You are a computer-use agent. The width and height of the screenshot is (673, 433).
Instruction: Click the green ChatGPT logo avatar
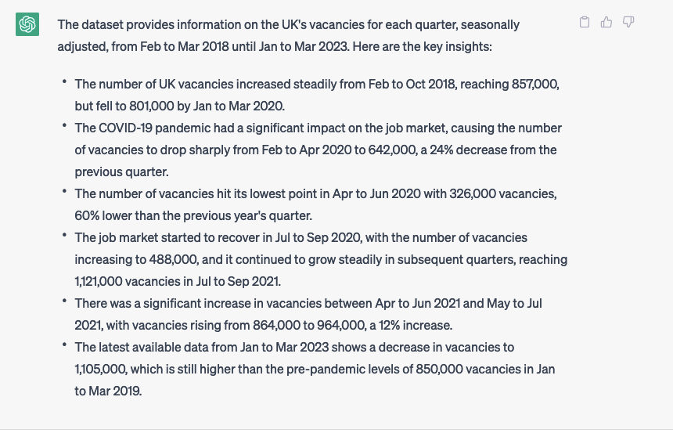click(x=27, y=24)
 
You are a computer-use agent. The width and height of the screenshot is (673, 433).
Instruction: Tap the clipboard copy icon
click(x=585, y=23)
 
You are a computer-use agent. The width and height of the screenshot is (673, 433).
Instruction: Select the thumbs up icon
click(x=606, y=23)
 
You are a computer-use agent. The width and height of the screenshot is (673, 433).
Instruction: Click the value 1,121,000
click(x=101, y=281)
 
